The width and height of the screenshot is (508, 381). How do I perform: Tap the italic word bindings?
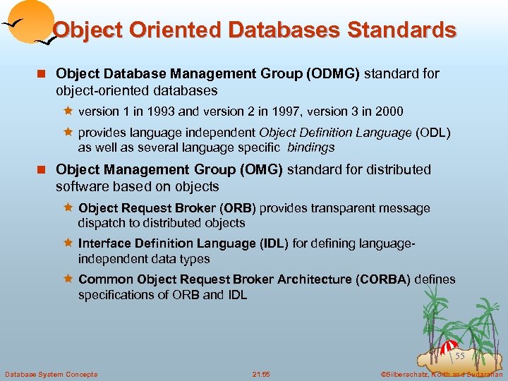point(311,147)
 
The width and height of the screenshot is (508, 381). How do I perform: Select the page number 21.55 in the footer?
point(260,374)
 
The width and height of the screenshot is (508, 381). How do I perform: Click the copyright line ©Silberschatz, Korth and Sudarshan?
point(440,374)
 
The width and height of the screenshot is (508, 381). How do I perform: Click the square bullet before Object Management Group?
point(43,170)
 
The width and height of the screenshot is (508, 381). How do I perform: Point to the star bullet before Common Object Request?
point(68,279)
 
